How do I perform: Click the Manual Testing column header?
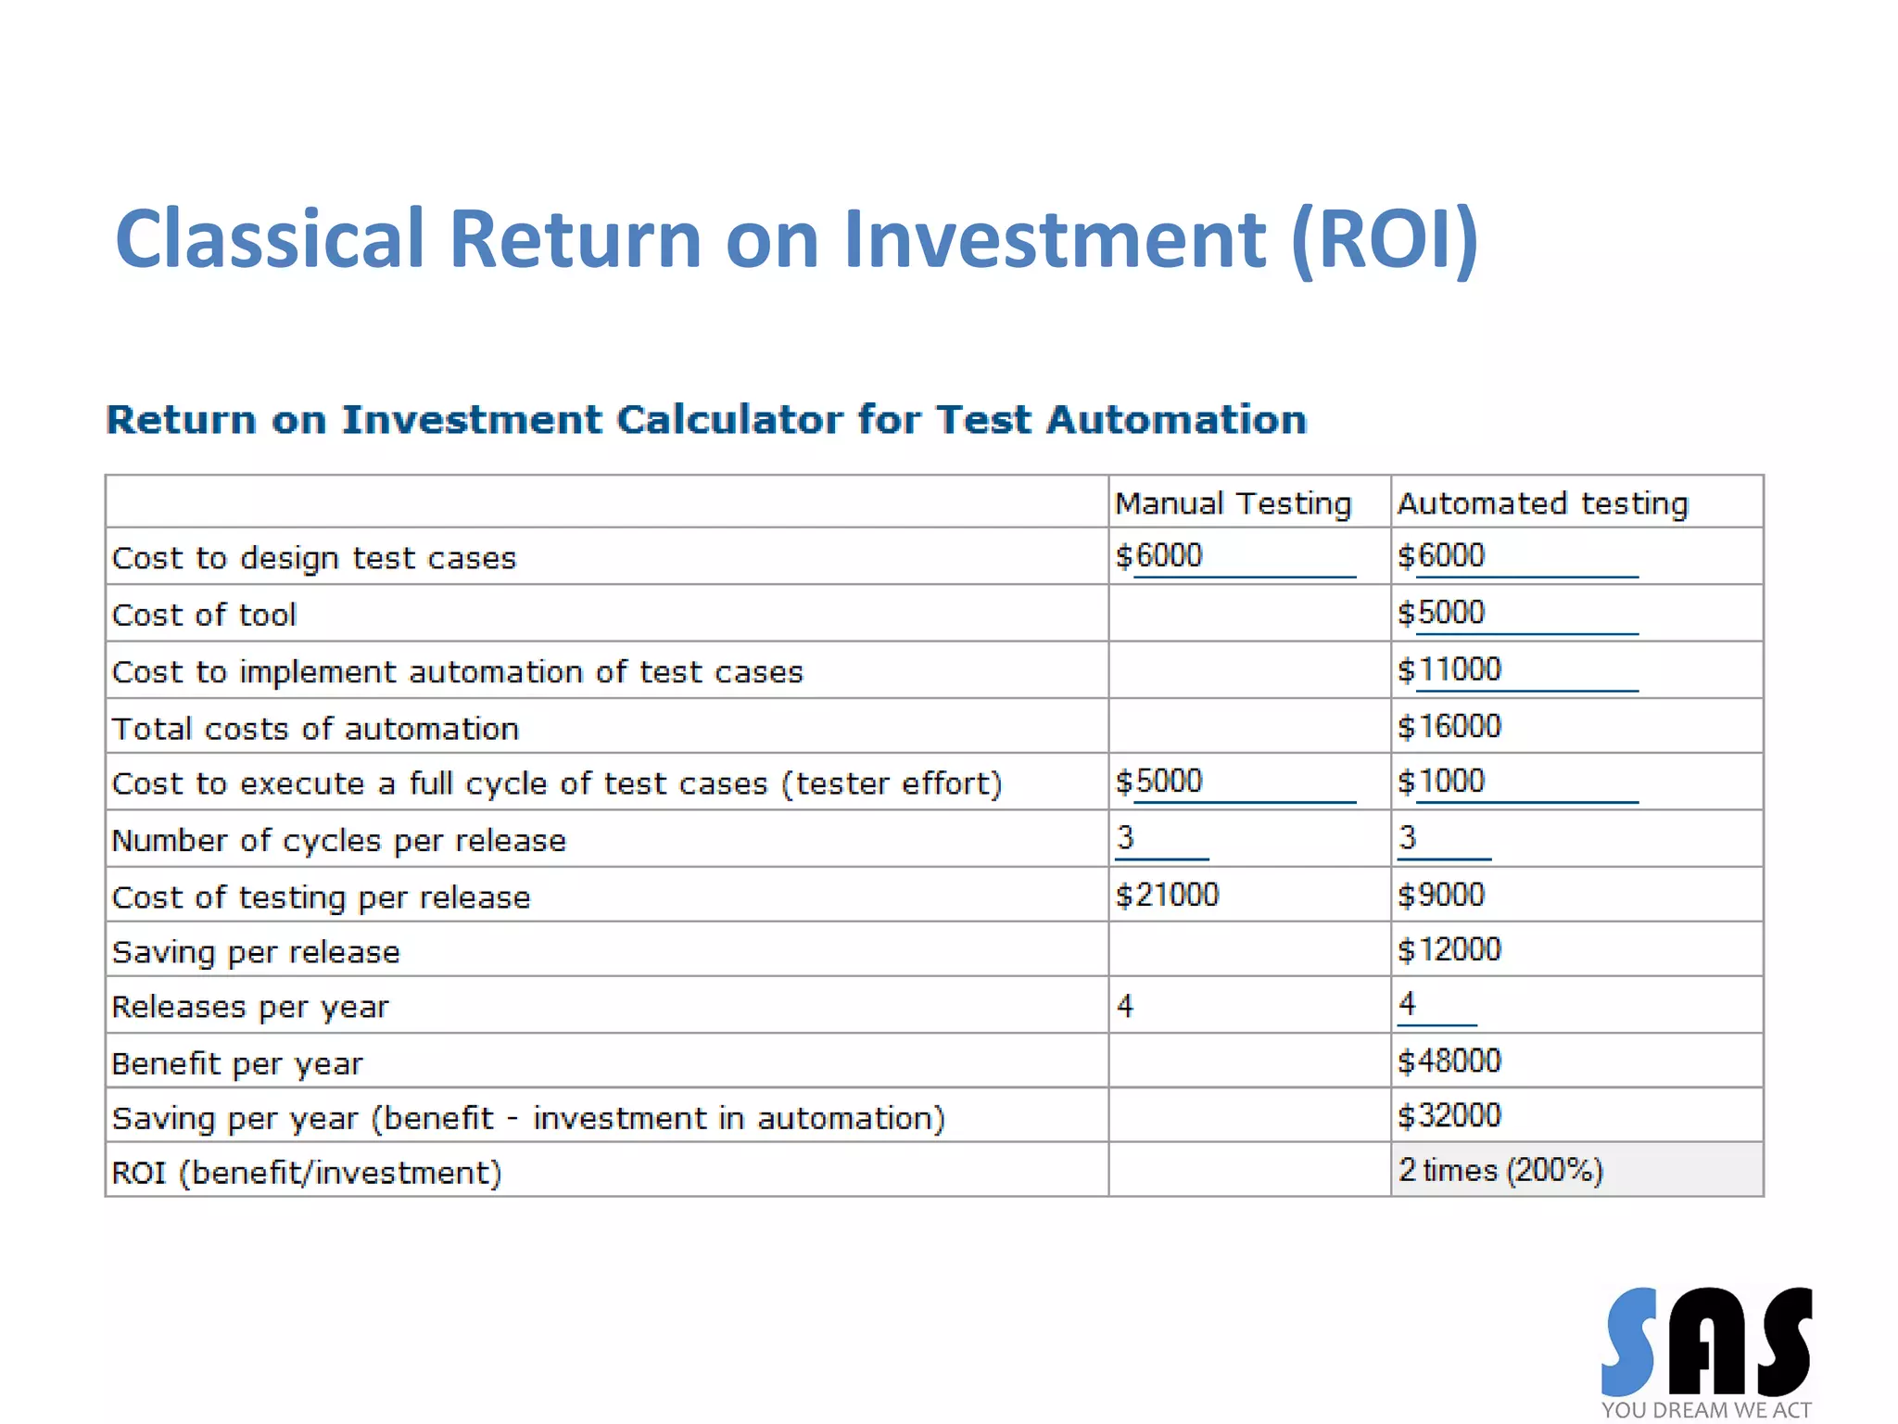point(1233,503)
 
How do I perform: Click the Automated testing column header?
point(1542,503)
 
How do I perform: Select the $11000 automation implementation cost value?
point(1449,669)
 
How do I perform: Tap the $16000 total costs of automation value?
point(1449,726)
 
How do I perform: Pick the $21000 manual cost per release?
point(1167,895)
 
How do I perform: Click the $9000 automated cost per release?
point(1441,895)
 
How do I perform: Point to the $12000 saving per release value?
point(1449,949)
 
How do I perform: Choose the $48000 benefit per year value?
point(1449,1061)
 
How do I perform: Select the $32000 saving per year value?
point(1449,1115)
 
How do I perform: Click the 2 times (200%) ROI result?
point(1500,1170)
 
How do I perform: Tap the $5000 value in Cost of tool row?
point(1441,613)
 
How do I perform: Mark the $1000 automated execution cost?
point(1441,782)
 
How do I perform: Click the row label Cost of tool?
point(204,615)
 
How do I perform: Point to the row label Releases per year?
point(250,1007)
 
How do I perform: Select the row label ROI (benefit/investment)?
point(307,1173)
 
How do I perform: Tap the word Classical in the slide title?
point(270,239)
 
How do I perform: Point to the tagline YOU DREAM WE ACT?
point(1706,1410)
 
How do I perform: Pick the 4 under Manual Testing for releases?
point(1125,1006)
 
